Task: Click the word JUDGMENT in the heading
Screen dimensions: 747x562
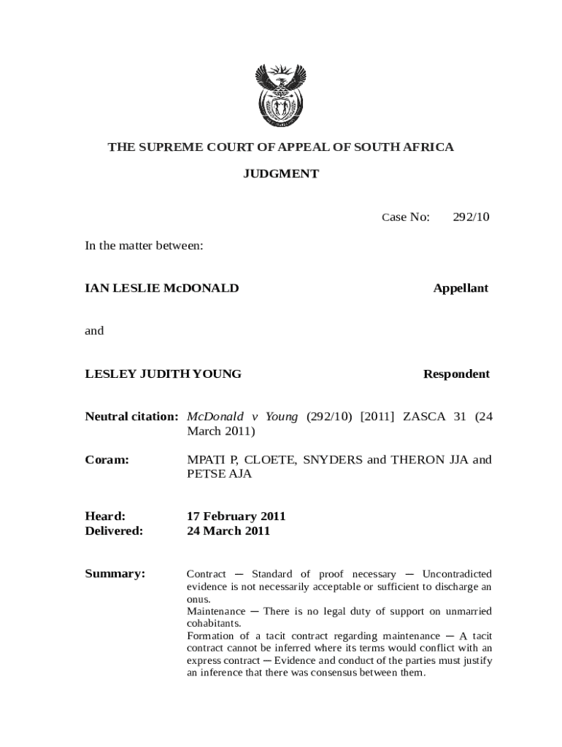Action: tap(280, 174)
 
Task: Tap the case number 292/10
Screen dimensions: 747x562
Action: tap(470, 217)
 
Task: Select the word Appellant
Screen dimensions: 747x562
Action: tap(461, 288)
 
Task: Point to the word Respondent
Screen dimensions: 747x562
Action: tap(456, 374)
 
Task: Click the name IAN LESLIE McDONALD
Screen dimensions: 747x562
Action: tap(162, 288)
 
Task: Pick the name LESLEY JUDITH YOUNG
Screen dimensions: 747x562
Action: tap(163, 374)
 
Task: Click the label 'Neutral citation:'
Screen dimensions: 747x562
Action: tap(131, 417)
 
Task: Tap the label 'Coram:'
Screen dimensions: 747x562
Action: tap(107, 460)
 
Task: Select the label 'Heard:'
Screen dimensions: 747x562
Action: tap(105, 516)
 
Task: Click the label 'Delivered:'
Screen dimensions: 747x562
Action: tap(114, 530)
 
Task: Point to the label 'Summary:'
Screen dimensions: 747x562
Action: tap(115, 574)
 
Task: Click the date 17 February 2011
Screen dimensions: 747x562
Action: tap(236, 516)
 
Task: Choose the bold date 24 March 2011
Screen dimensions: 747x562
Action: tap(228, 530)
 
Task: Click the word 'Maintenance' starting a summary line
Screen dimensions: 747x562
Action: tap(216, 611)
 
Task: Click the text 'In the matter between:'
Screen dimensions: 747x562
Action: tap(144, 246)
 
